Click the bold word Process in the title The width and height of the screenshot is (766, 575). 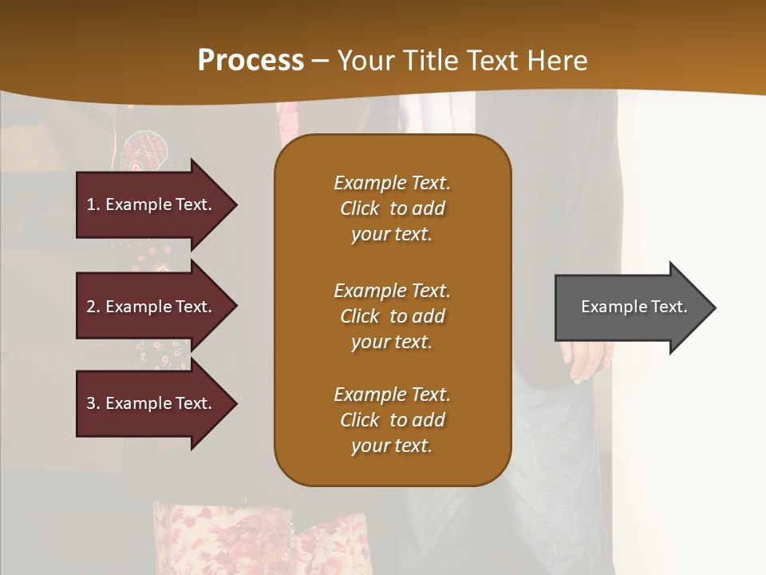251,61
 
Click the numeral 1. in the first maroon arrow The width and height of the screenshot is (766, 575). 93,204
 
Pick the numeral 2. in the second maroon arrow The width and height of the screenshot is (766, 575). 93,307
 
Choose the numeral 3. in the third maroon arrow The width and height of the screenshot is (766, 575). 93,403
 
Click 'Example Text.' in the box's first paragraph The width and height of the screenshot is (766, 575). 392,183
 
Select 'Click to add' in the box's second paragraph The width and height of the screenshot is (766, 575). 392,316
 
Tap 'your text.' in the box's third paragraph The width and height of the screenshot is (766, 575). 392,446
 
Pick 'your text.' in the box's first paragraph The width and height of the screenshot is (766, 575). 392,234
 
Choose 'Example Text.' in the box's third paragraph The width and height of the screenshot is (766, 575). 392,395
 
